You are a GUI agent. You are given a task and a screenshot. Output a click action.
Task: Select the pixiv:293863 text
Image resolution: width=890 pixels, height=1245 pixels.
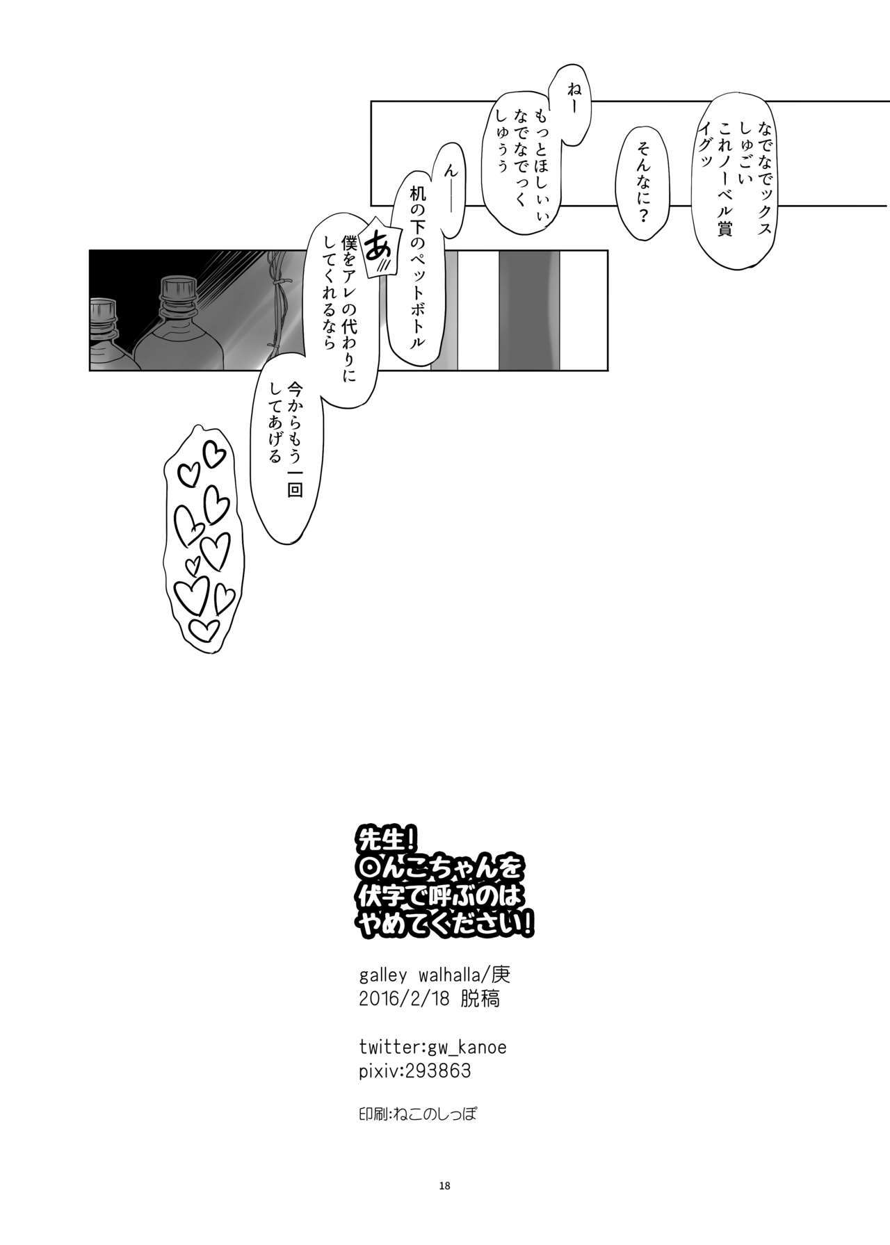[415, 1071]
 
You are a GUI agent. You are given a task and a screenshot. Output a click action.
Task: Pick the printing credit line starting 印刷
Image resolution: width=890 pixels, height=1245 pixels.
[414, 1114]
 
